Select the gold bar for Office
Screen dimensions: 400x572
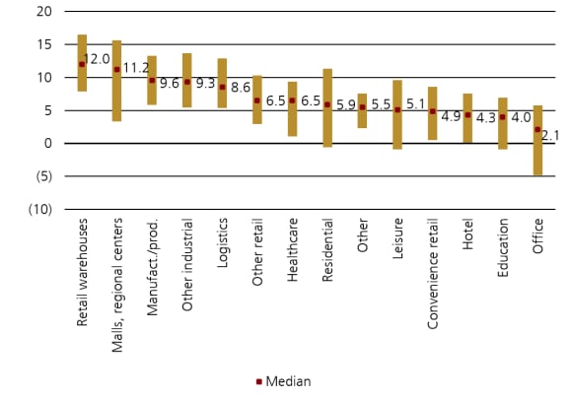tap(537, 140)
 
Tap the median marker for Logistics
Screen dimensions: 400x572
tap(222, 87)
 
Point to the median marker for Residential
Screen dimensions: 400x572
tap(327, 104)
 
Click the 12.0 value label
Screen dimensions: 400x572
tap(97, 60)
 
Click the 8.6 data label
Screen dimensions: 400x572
tap(240, 88)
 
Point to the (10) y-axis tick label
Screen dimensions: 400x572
tap(40, 209)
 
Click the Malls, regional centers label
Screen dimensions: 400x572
tap(117, 277)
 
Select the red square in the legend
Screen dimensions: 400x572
tap(259, 381)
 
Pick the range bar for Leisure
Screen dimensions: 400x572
tap(397, 114)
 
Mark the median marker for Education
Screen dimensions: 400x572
tap(502, 117)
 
